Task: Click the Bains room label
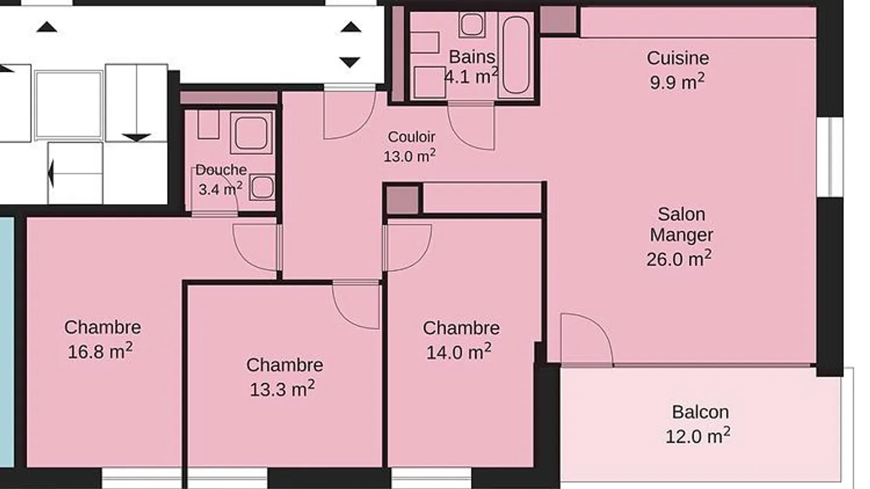(x=472, y=57)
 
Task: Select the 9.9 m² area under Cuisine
(x=677, y=81)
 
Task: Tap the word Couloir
(x=411, y=137)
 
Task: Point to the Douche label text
(x=221, y=170)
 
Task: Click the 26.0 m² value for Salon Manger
(x=678, y=259)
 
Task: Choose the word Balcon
(x=700, y=412)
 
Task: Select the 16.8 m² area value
(x=100, y=351)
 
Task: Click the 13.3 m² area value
(x=282, y=389)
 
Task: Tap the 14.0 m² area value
(x=459, y=351)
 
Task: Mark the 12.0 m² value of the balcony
(x=698, y=435)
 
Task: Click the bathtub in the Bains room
(x=516, y=55)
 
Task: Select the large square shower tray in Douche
(x=252, y=133)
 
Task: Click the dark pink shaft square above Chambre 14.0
(x=402, y=200)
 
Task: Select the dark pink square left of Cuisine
(x=558, y=20)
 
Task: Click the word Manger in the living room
(x=681, y=235)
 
